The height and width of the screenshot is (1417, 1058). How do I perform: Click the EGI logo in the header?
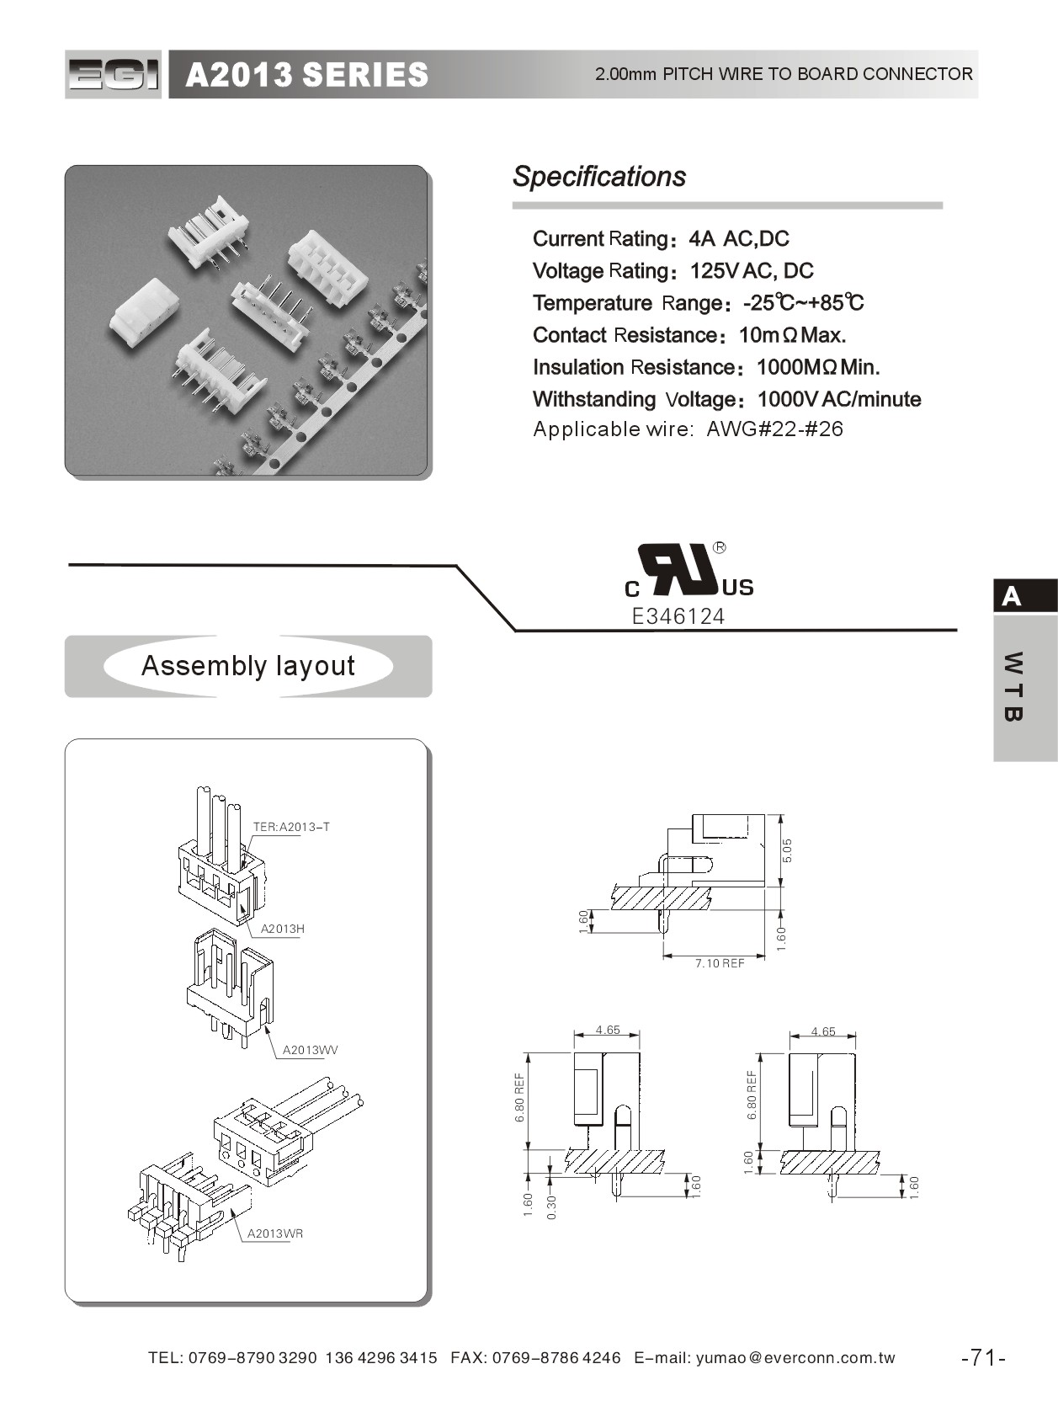pos(113,75)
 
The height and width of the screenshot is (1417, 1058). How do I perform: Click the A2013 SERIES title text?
pos(306,75)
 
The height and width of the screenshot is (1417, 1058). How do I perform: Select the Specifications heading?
pos(598,177)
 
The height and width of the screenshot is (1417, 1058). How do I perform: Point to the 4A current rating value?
pos(701,239)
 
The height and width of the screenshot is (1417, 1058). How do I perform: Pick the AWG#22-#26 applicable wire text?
pos(774,429)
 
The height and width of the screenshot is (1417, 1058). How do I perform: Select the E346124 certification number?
pos(678,616)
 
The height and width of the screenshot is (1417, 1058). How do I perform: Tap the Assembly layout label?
pos(247,666)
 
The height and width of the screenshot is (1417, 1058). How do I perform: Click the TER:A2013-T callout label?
pos(291,827)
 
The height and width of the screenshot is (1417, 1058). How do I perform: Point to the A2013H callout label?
pos(282,929)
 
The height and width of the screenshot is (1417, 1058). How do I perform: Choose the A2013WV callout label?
pos(310,1050)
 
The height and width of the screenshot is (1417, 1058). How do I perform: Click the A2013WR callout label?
pos(274,1233)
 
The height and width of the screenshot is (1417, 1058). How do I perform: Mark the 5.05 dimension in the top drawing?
pos(787,850)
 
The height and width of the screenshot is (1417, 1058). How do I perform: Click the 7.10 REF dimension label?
pos(719,963)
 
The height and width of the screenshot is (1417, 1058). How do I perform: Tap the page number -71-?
pos(983,1357)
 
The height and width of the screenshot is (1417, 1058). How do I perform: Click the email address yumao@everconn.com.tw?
pos(795,1357)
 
